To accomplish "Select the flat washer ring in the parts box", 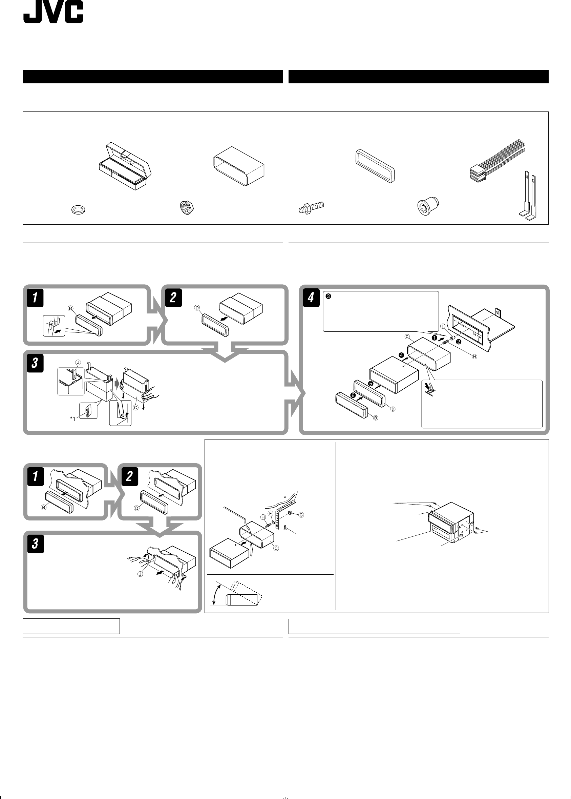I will tap(79, 210).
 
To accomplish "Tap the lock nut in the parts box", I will tap(187, 208).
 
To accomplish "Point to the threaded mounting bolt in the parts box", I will tap(311, 208).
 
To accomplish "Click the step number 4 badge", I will tap(311, 298).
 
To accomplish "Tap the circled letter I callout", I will tap(443, 326).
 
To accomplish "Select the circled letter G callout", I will tap(301, 515).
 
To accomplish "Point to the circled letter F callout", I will tap(271, 513).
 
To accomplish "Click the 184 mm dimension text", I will tap(461, 324).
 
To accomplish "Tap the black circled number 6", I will tap(353, 395).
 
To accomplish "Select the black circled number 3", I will tap(329, 296).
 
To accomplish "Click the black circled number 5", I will tap(371, 383).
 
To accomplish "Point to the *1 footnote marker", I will tap(73, 419).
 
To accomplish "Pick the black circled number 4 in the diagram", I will tap(402, 355).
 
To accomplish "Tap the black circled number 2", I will tap(459, 341).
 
